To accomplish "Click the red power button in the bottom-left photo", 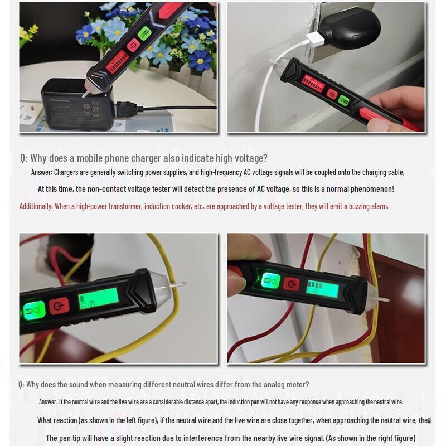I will pos(59,306).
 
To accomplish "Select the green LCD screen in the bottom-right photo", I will pos(322,288).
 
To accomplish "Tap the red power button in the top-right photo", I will pos(332,94).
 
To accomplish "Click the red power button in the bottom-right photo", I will pos(291,284).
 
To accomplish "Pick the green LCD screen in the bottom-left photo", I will pos(98,298).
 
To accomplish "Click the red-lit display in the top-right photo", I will pos(313,85).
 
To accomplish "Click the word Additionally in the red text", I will pos(36,206).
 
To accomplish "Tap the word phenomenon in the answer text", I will pos(372,189).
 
